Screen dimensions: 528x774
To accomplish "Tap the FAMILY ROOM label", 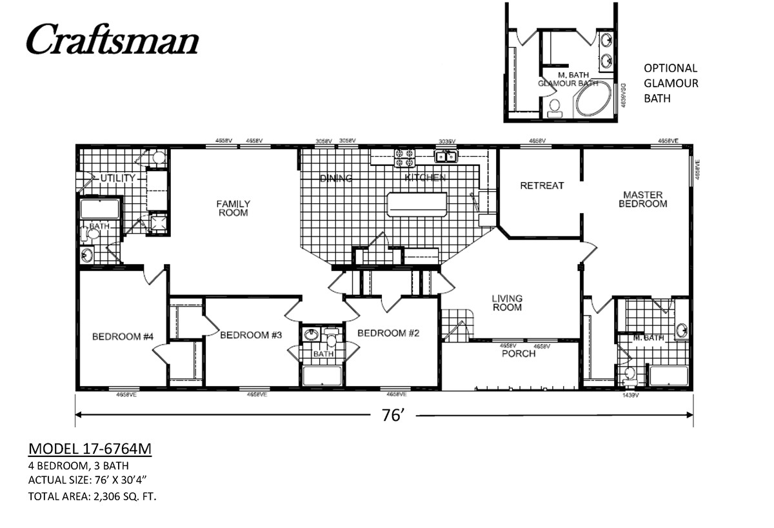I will click(x=233, y=208).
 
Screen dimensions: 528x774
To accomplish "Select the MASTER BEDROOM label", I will click(x=642, y=199).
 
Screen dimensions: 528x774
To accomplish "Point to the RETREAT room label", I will click(x=542, y=186).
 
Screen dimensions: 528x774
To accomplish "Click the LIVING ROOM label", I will click(x=506, y=303).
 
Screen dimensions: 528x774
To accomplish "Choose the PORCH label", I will click(x=519, y=354).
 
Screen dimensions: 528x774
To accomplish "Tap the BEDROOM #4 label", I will click(x=123, y=336).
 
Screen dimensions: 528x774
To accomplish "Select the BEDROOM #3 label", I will click(x=252, y=335).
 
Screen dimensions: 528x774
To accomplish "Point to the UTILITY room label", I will click(x=117, y=178).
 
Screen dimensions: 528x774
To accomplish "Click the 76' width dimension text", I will click(x=392, y=416).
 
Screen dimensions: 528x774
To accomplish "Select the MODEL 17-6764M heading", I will click(x=90, y=449).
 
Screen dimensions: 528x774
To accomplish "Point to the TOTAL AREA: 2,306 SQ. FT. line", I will click(x=92, y=496).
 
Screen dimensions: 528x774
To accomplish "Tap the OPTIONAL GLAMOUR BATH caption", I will click(x=671, y=83).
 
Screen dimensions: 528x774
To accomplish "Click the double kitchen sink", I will click(x=446, y=156).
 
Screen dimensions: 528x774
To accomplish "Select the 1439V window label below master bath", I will click(x=630, y=396).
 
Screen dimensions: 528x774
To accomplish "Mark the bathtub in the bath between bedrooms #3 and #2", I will click(x=322, y=376).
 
